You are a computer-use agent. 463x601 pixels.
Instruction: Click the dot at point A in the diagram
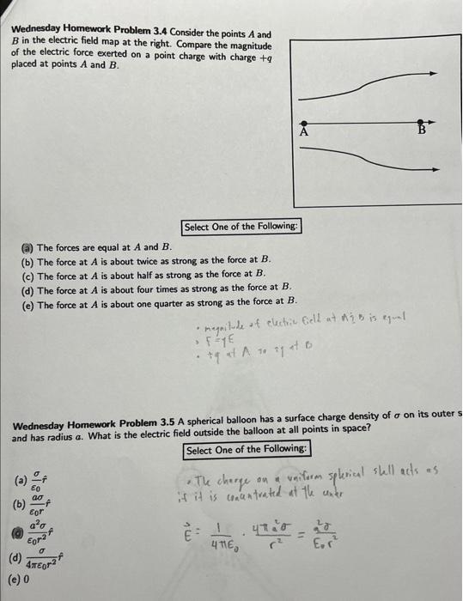(303, 122)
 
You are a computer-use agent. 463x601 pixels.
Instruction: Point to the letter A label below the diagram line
(303, 133)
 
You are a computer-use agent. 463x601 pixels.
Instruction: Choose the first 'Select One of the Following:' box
(241, 227)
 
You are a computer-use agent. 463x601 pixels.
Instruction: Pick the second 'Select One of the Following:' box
(246, 450)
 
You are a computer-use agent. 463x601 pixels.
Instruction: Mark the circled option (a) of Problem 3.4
(27, 246)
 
